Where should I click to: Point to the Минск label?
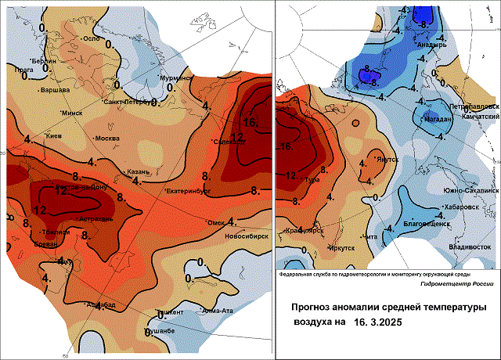(71, 113)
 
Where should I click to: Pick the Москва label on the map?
(106, 139)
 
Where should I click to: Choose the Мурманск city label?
(176, 78)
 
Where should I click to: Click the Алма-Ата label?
(219, 311)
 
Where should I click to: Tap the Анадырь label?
(431, 45)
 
